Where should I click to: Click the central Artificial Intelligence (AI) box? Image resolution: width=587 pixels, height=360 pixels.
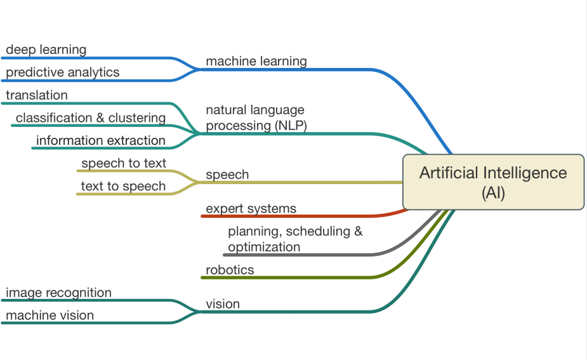coord(493,182)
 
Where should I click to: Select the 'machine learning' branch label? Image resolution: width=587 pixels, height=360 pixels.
coord(256,61)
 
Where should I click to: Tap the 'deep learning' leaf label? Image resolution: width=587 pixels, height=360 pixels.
coord(46,50)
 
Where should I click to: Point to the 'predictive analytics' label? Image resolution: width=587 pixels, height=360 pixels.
coord(62,72)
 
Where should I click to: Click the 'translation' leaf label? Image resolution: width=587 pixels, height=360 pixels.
coord(36,95)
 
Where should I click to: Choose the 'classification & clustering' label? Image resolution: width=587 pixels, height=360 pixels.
coord(91,118)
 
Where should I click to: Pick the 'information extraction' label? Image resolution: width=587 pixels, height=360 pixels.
coord(101,140)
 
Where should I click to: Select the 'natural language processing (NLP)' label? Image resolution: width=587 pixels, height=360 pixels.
coord(256,118)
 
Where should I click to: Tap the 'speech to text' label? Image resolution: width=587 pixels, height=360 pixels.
coord(124,163)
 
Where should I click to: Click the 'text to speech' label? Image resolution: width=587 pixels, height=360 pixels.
coord(123,186)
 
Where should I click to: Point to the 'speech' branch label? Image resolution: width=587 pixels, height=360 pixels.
coord(227,175)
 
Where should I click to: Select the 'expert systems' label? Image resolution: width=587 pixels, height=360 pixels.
coord(251,208)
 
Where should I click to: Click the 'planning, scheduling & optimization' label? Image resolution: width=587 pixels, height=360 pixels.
coord(295,239)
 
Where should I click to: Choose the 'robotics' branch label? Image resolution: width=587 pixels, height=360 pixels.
coord(230,270)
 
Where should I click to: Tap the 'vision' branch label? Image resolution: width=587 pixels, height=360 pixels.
coord(223,304)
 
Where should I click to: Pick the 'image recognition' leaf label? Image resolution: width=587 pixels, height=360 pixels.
coord(58,293)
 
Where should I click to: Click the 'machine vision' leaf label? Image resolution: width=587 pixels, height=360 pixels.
coord(49,316)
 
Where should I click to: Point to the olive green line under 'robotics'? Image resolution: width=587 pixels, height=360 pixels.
coord(286,277)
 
